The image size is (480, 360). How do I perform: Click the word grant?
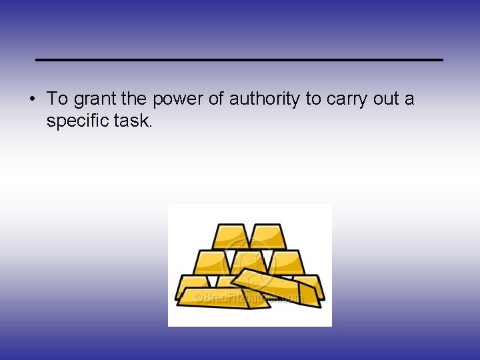point(95,100)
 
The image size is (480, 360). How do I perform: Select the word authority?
point(265,100)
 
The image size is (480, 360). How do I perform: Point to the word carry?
point(346,100)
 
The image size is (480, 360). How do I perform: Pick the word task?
point(135,121)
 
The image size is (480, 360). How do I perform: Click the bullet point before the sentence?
point(32,100)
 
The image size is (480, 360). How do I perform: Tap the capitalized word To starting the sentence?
point(57,100)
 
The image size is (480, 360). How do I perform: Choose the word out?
point(387,100)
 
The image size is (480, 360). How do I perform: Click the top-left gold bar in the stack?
point(231,237)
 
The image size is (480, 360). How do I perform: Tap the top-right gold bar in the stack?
point(268,237)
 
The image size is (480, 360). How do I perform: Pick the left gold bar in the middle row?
point(211,261)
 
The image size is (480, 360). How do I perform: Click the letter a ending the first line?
point(409,100)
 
